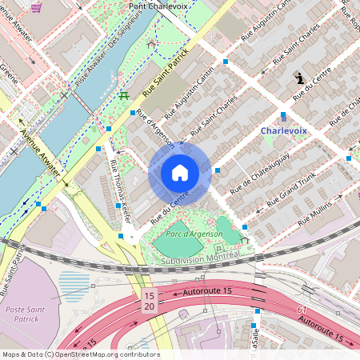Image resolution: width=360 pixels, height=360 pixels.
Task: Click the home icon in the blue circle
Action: [x=180, y=173]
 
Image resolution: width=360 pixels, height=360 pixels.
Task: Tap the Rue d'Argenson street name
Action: [x=155, y=129]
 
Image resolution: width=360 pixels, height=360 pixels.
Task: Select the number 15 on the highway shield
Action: [x=148, y=295]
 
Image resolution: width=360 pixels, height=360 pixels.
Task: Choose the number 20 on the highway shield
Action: [x=148, y=306]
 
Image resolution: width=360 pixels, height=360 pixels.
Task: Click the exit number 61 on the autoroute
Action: [x=302, y=308]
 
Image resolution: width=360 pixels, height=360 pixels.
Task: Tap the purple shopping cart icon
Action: [x=36, y=7]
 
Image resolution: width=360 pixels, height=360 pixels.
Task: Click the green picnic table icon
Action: [x=124, y=97]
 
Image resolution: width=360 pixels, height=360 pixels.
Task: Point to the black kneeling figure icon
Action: [x=299, y=78]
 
